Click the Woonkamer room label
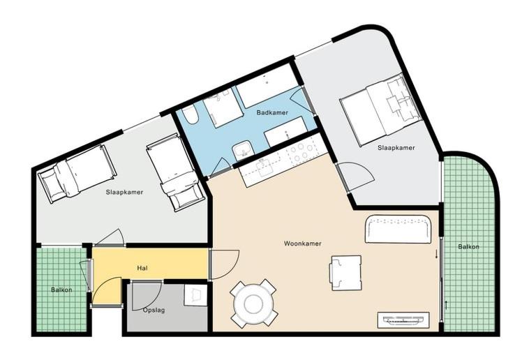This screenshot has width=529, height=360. (x=302, y=243)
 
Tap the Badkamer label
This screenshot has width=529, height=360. (x=272, y=112)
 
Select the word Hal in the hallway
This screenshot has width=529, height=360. (x=142, y=268)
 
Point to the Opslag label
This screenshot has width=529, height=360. (x=154, y=310)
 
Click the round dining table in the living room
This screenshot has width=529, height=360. (x=254, y=303)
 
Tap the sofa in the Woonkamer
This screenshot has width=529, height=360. (x=398, y=230)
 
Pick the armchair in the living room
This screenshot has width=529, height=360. (x=345, y=273)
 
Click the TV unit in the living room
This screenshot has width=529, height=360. (x=403, y=320)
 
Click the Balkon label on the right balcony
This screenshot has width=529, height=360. (x=468, y=247)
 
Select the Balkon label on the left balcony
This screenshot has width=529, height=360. (x=61, y=290)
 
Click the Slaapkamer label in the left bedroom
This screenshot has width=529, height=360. (x=124, y=192)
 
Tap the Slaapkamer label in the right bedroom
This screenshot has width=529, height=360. (x=396, y=147)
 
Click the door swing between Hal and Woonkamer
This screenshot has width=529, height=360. (x=225, y=265)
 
